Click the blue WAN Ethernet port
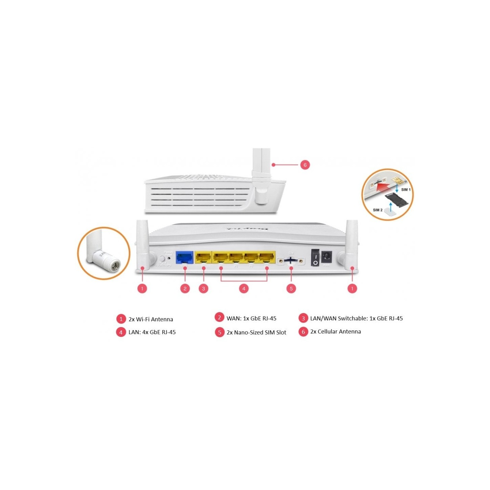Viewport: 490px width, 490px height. pyautogui.click(x=184, y=258)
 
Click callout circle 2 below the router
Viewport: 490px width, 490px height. pyautogui.click(x=185, y=289)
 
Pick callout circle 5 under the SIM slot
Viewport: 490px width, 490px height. pyautogui.click(x=291, y=289)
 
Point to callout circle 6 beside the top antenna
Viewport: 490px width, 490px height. pyautogui.click(x=305, y=165)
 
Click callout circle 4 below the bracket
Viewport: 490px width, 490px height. pyautogui.click(x=244, y=289)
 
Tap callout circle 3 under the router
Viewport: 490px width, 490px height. pyautogui.click(x=203, y=289)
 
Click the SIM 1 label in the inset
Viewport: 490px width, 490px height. pyautogui.click(x=406, y=190)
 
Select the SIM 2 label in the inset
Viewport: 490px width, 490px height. pyautogui.click(x=377, y=210)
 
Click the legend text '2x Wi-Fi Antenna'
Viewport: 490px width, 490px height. pyautogui.click(x=151, y=319)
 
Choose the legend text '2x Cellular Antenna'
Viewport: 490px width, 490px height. pyautogui.click(x=336, y=331)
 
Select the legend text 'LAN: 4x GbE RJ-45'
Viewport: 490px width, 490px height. pyautogui.click(x=152, y=332)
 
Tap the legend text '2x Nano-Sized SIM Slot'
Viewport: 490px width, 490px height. pyautogui.click(x=256, y=332)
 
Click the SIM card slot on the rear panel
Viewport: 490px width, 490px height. pyautogui.click(x=290, y=261)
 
